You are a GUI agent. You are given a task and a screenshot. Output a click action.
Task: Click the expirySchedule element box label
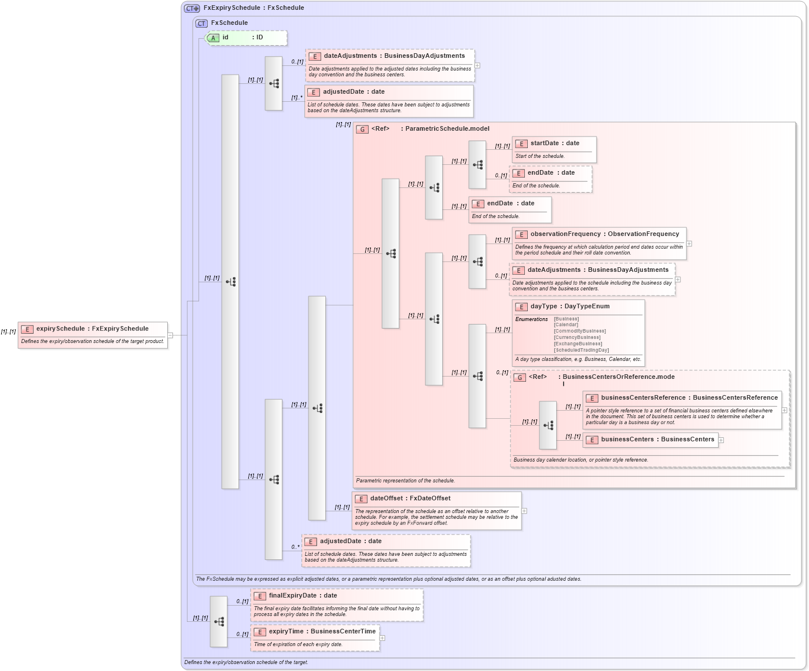[x=92, y=329]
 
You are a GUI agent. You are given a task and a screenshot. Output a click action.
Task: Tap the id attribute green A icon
[x=213, y=38]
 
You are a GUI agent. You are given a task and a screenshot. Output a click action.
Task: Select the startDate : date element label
[x=554, y=143]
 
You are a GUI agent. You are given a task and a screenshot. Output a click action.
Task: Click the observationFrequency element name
[x=565, y=234]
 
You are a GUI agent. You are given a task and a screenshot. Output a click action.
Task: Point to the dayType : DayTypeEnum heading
[x=569, y=307]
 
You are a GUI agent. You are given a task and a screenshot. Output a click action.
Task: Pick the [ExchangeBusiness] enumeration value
[x=578, y=344]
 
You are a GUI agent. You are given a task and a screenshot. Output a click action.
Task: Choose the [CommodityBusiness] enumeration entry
[x=579, y=331]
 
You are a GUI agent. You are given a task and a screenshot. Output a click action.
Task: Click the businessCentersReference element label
[x=643, y=398]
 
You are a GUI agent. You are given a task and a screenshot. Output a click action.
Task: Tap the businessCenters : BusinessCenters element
[x=657, y=440]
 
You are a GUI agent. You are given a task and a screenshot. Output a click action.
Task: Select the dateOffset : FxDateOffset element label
[x=410, y=499]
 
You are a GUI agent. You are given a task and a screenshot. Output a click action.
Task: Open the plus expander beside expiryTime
[x=383, y=638]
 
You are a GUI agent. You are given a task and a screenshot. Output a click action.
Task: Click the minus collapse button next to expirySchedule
[x=171, y=335]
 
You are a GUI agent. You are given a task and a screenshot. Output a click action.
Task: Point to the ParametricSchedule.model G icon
[x=363, y=129]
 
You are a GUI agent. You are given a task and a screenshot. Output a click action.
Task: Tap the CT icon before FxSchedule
[x=201, y=24]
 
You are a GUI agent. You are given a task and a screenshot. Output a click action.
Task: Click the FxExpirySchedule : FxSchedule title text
[x=253, y=8]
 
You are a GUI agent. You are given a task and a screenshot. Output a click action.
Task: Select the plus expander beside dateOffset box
[x=524, y=511]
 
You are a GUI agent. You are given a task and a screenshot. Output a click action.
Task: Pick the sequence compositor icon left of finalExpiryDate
[x=219, y=622]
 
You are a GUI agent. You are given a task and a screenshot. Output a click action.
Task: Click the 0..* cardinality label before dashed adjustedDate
[x=295, y=547]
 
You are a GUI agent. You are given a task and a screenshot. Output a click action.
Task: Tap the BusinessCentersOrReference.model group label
[x=618, y=377]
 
